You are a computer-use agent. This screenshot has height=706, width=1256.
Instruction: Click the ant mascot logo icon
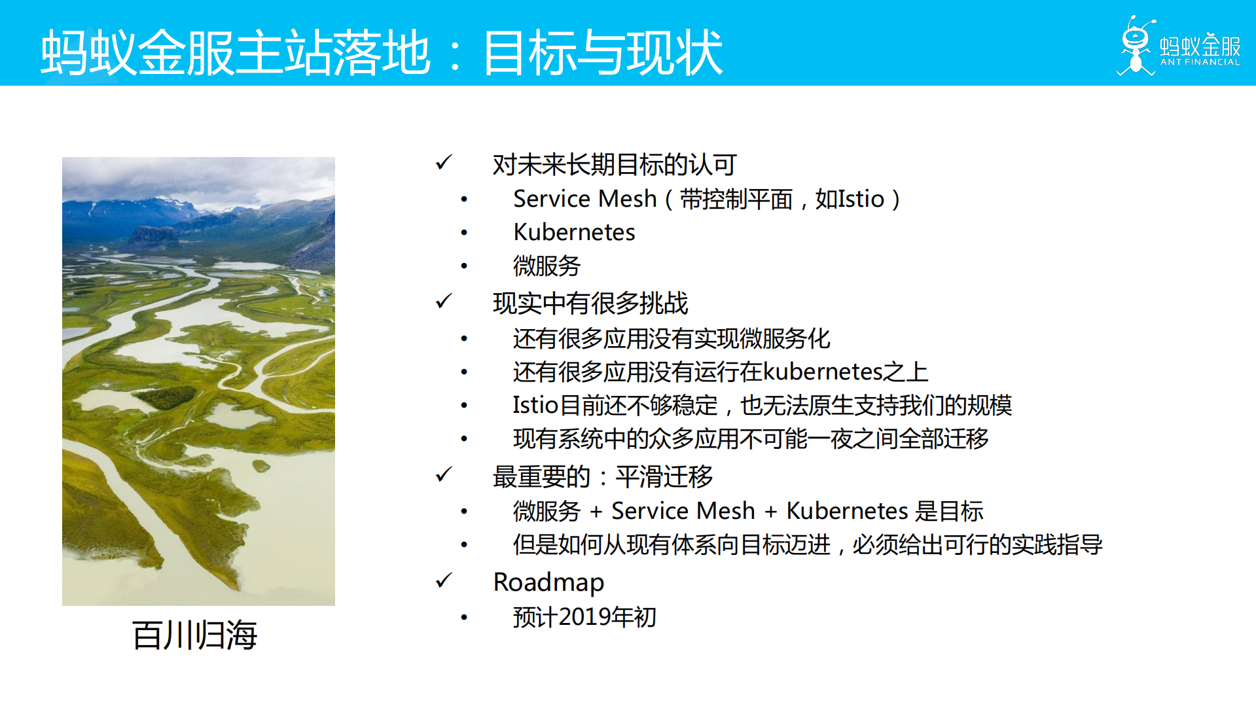(x=1136, y=46)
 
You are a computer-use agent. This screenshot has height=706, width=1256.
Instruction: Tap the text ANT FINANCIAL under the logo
(x=1200, y=62)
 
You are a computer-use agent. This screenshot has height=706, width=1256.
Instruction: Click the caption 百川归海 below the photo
(x=194, y=635)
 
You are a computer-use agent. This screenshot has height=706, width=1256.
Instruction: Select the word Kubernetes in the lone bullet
(x=574, y=232)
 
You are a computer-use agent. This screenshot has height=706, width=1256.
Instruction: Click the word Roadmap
(x=548, y=582)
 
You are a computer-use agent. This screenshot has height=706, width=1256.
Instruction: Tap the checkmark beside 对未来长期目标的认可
(x=444, y=162)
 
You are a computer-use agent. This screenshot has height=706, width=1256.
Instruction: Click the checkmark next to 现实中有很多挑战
(x=444, y=301)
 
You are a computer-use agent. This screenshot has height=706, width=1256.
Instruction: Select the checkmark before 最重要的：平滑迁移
(x=444, y=474)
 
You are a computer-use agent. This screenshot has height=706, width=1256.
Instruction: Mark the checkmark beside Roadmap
(x=444, y=580)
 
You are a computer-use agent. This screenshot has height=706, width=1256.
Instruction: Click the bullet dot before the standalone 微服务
(x=464, y=266)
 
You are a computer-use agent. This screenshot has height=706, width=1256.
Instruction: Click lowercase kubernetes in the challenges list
(x=823, y=372)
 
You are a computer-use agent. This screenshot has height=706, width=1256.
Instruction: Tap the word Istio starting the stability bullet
(x=535, y=405)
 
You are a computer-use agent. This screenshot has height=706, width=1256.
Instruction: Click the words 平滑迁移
(x=664, y=476)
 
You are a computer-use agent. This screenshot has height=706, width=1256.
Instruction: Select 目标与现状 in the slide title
(x=602, y=52)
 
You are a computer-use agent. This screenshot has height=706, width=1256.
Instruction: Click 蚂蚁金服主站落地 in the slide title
(x=236, y=52)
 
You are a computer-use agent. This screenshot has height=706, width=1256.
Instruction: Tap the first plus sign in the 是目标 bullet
(x=596, y=511)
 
